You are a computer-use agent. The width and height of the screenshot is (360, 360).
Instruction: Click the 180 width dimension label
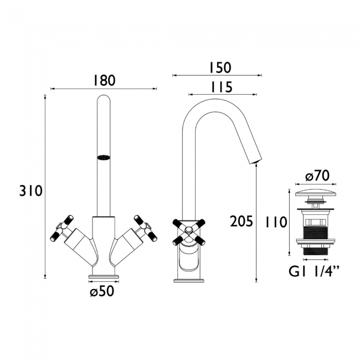click(x=104, y=81)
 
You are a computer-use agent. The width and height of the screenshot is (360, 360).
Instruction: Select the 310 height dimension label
click(x=31, y=191)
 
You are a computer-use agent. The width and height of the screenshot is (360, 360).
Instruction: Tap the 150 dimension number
click(x=220, y=68)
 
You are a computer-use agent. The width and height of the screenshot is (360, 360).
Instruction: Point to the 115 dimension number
click(x=222, y=87)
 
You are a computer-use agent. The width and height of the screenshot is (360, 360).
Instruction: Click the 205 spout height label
click(x=241, y=222)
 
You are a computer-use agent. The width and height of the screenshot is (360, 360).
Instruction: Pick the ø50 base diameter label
click(x=102, y=291)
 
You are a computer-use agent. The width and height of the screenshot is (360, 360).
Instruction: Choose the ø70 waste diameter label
click(x=317, y=176)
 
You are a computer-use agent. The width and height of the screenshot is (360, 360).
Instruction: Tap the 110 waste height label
click(x=276, y=222)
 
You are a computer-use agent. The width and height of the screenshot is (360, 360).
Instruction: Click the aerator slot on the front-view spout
click(x=104, y=157)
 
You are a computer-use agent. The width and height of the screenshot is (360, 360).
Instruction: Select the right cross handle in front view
click(x=146, y=228)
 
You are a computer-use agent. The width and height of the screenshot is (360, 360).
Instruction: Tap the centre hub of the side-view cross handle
click(x=189, y=229)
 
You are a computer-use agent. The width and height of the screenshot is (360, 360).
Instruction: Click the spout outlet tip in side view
click(x=256, y=162)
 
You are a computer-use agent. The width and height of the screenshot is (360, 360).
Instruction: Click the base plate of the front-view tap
click(x=104, y=276)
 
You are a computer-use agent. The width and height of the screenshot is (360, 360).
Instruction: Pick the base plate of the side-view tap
click(x=189, y=280)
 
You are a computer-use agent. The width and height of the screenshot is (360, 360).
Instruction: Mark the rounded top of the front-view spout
click(x=104, y=98)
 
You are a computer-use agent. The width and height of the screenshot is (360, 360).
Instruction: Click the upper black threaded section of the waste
click(x=315, y=232)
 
